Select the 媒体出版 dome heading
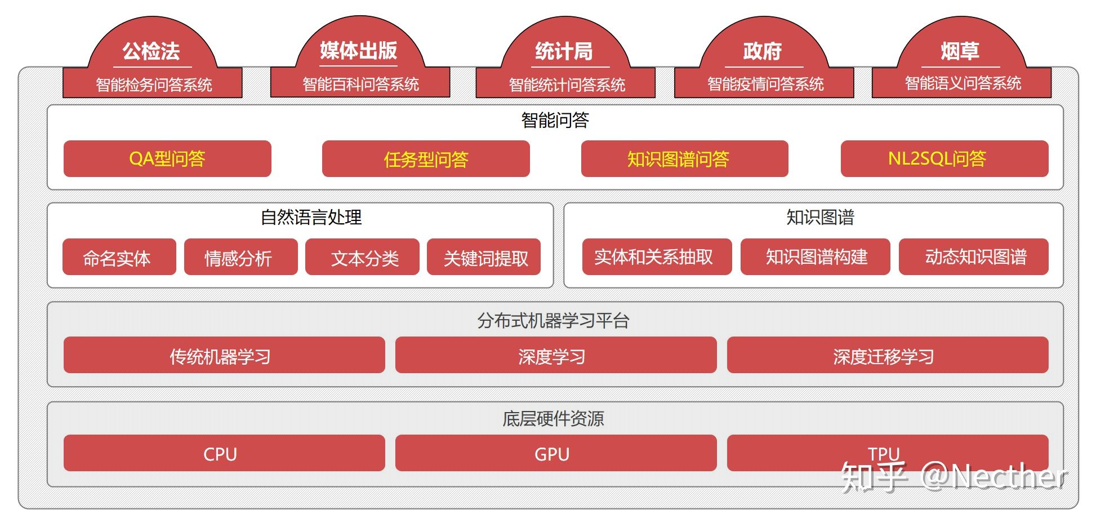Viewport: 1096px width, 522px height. coord(359,50)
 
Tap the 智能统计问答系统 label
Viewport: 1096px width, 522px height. coord(566,85)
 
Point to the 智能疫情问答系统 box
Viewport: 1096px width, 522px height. coord(764,84)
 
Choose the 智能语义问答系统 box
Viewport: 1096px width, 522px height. coord(962,83)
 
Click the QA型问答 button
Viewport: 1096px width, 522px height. coord(167,159)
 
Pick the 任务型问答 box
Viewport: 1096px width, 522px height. coord(426,159)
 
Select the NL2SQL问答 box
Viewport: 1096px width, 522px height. coord(944,159)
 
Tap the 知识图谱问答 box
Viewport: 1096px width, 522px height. coord(684,159)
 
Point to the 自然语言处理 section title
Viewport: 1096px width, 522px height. coord(311,217)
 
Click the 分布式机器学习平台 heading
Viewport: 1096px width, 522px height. coord(553,320)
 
